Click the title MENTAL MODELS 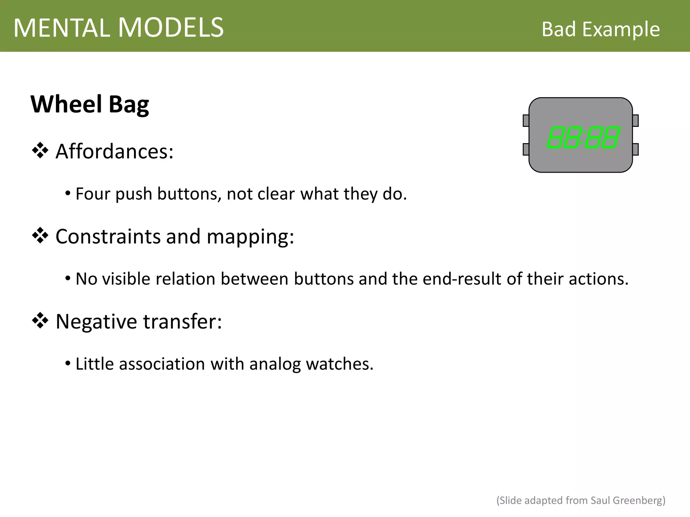(119, 28)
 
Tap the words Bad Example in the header (600, 29)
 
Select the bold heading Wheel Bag (90, 104)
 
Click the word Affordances (114, 151)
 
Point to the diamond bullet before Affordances (40, 151)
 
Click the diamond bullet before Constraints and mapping (40, 236)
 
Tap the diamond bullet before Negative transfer (40, 321)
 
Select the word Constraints (108, 236)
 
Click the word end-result (462, 279)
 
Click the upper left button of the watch (526, 120)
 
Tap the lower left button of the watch (526, 149)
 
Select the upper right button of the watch (635, 120)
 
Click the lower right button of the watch (635, 149)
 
